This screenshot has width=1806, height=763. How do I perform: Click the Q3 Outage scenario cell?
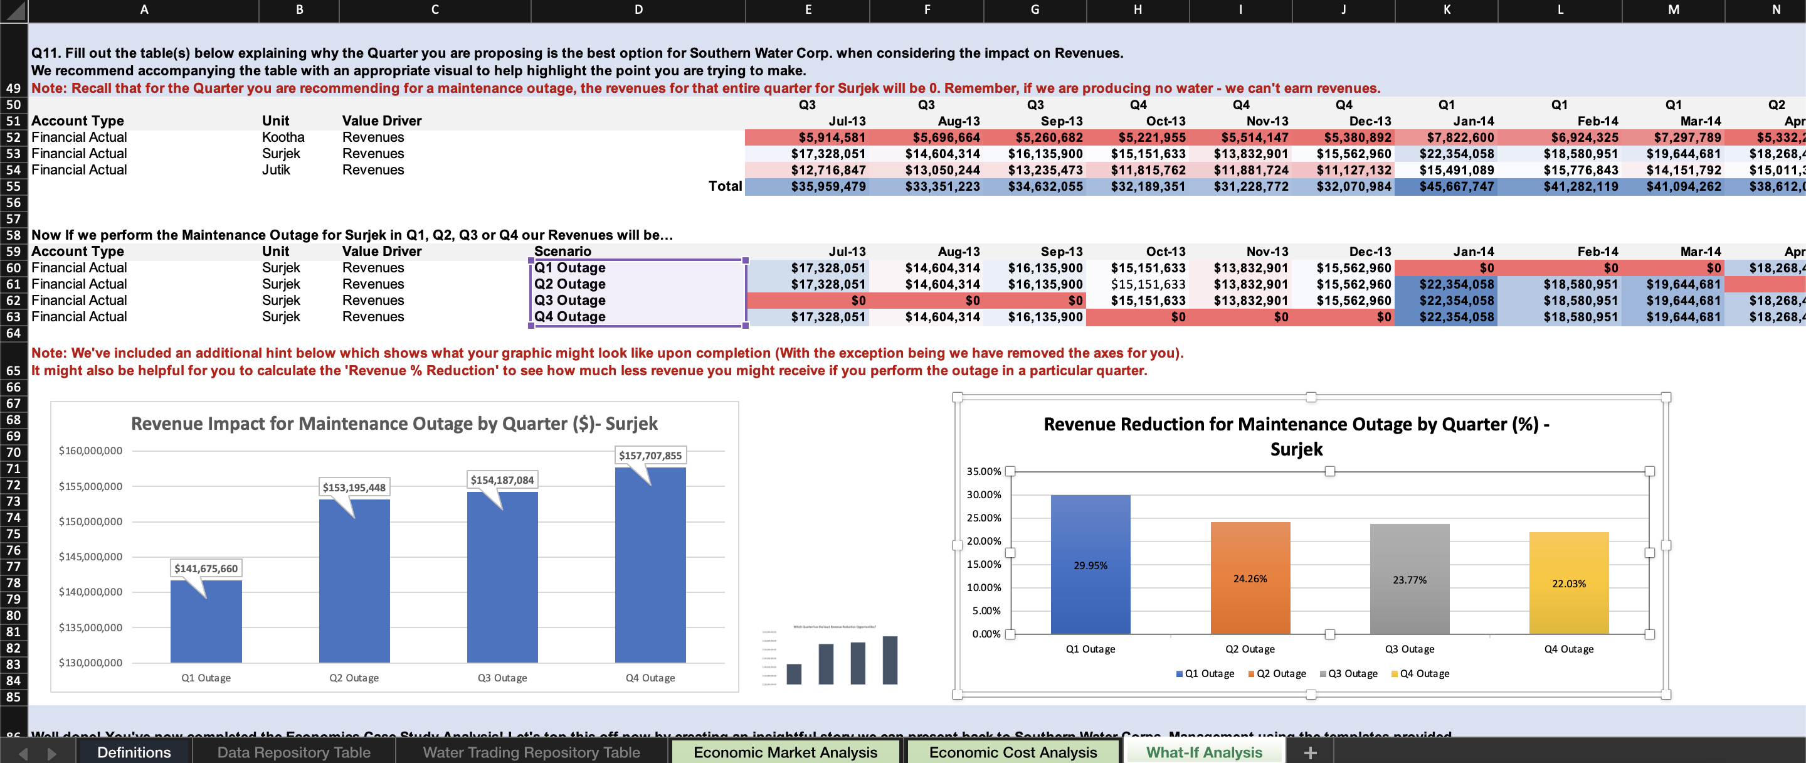[569, 300]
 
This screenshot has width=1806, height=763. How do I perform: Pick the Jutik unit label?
[275, 169]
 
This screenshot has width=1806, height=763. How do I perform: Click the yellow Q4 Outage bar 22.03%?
[1568, 583]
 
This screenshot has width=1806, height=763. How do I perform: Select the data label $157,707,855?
[650, 456]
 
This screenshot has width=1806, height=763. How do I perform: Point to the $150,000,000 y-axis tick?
[90, 522]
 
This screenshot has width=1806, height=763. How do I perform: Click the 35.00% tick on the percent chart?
[984, 471]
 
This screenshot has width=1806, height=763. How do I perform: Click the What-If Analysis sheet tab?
[1203, 752]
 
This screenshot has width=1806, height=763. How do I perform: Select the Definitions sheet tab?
[134, 752]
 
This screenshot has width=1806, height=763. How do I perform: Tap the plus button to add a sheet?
[1309, 752]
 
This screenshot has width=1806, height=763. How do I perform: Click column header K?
[1446, 10]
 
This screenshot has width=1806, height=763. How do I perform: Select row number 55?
[13, 186]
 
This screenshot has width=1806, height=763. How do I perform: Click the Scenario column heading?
[562, 251]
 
